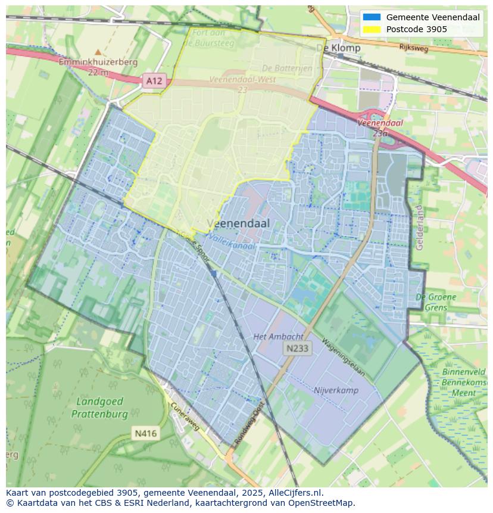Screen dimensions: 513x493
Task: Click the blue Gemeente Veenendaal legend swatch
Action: coord(372,17)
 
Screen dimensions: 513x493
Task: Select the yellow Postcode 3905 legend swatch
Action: coord(372,29)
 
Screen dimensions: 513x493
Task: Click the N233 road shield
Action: coord(297,349)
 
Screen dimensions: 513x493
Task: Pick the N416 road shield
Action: coord(145,433)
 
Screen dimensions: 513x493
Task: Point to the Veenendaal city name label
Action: coord(238,223)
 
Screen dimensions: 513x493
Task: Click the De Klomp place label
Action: coord(338,48)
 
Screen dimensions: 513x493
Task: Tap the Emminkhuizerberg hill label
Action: coord(98,62)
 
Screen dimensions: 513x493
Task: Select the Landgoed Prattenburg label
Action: coord(100,408)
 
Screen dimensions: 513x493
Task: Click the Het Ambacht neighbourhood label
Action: coord(278,337)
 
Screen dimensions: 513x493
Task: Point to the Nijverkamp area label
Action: coord(336,390)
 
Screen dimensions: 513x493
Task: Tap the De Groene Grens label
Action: coord(436,302)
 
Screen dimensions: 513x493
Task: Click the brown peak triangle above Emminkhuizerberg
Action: coord(98,52)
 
